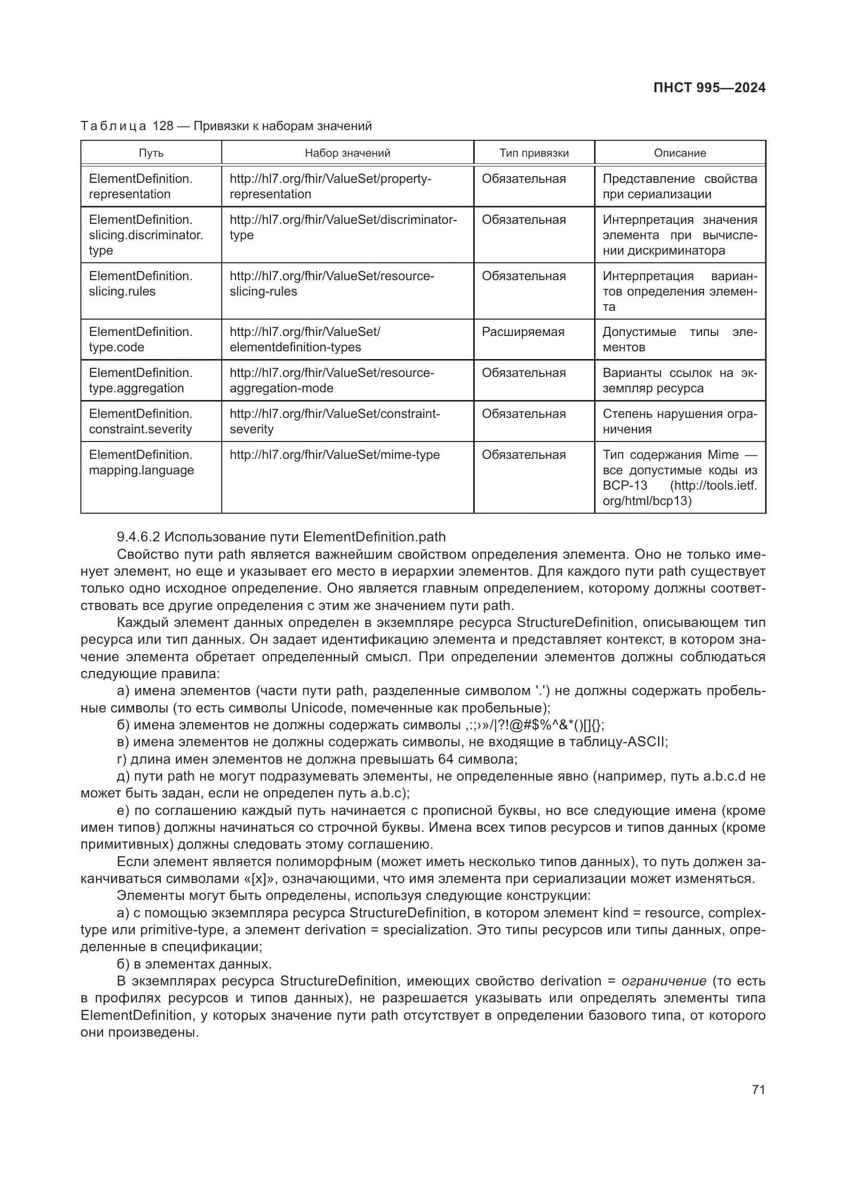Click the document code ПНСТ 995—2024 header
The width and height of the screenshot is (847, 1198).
click(709, 88)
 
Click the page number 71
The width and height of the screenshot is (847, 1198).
click(758, 1089)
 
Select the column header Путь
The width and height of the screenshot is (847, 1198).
click(151, 153)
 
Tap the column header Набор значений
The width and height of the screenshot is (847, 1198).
click(347, 153)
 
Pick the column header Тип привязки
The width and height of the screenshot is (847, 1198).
click(534, 153)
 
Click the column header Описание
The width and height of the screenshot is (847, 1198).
click(680, 153)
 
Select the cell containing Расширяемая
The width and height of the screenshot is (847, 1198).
click(523, 332)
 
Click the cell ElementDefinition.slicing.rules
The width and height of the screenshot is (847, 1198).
click(140, 283)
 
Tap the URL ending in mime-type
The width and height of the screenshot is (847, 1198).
click(334, 454)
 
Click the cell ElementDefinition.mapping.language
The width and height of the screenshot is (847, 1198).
click(141, 463)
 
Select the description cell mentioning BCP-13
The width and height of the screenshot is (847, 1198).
click(679, 477)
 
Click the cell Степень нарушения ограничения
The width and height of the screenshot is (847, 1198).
click(679, 421)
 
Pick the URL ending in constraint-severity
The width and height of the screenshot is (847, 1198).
click(334, 421)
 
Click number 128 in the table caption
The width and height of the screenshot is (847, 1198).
click(163, 126)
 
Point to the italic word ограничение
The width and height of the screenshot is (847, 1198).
click(663, 981)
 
